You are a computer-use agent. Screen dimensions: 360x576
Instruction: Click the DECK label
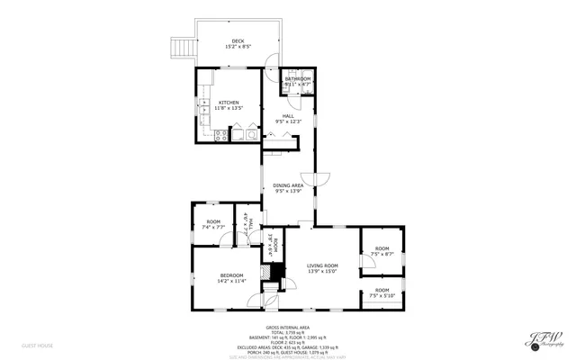click(238, 40)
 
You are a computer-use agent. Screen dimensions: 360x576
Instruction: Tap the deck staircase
click(184, 46)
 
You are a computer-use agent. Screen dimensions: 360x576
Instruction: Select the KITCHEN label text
click(229, 103)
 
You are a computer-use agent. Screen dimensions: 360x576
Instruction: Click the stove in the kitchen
click(219, 135)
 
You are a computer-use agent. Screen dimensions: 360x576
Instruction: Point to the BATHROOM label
click(297, 79)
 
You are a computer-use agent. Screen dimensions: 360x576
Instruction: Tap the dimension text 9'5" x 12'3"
click(288, 122)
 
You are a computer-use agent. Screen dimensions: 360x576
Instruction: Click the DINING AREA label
click(288, 185)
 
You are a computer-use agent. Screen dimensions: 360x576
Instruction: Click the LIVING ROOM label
click(321, 265)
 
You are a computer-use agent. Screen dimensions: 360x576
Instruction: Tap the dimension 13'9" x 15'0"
click(321, 272)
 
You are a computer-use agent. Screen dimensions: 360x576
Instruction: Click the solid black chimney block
click(277, 269)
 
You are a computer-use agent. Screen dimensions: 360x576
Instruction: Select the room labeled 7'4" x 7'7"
click(213, 224)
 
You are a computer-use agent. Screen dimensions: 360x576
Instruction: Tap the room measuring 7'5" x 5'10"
click(382, 292)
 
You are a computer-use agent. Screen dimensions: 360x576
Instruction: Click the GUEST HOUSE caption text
click(38, 345)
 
